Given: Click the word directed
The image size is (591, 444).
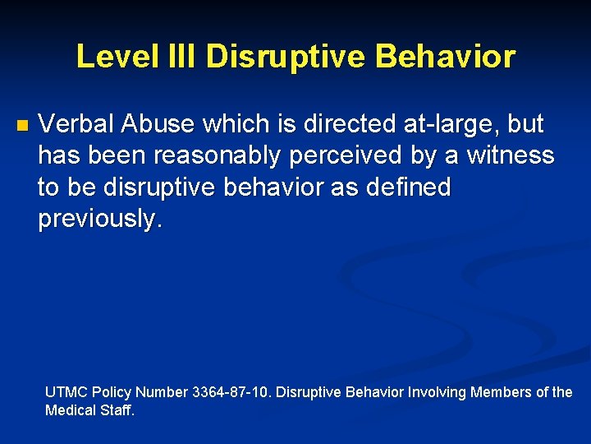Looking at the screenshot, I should point(348,124).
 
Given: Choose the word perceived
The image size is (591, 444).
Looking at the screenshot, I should point(337,155).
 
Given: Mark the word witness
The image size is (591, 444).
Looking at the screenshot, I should point(510,155).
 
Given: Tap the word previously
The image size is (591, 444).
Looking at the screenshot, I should point(100,218).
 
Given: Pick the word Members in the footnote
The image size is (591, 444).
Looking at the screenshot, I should point(502,392).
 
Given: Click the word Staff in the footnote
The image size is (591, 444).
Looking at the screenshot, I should point(117,409).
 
